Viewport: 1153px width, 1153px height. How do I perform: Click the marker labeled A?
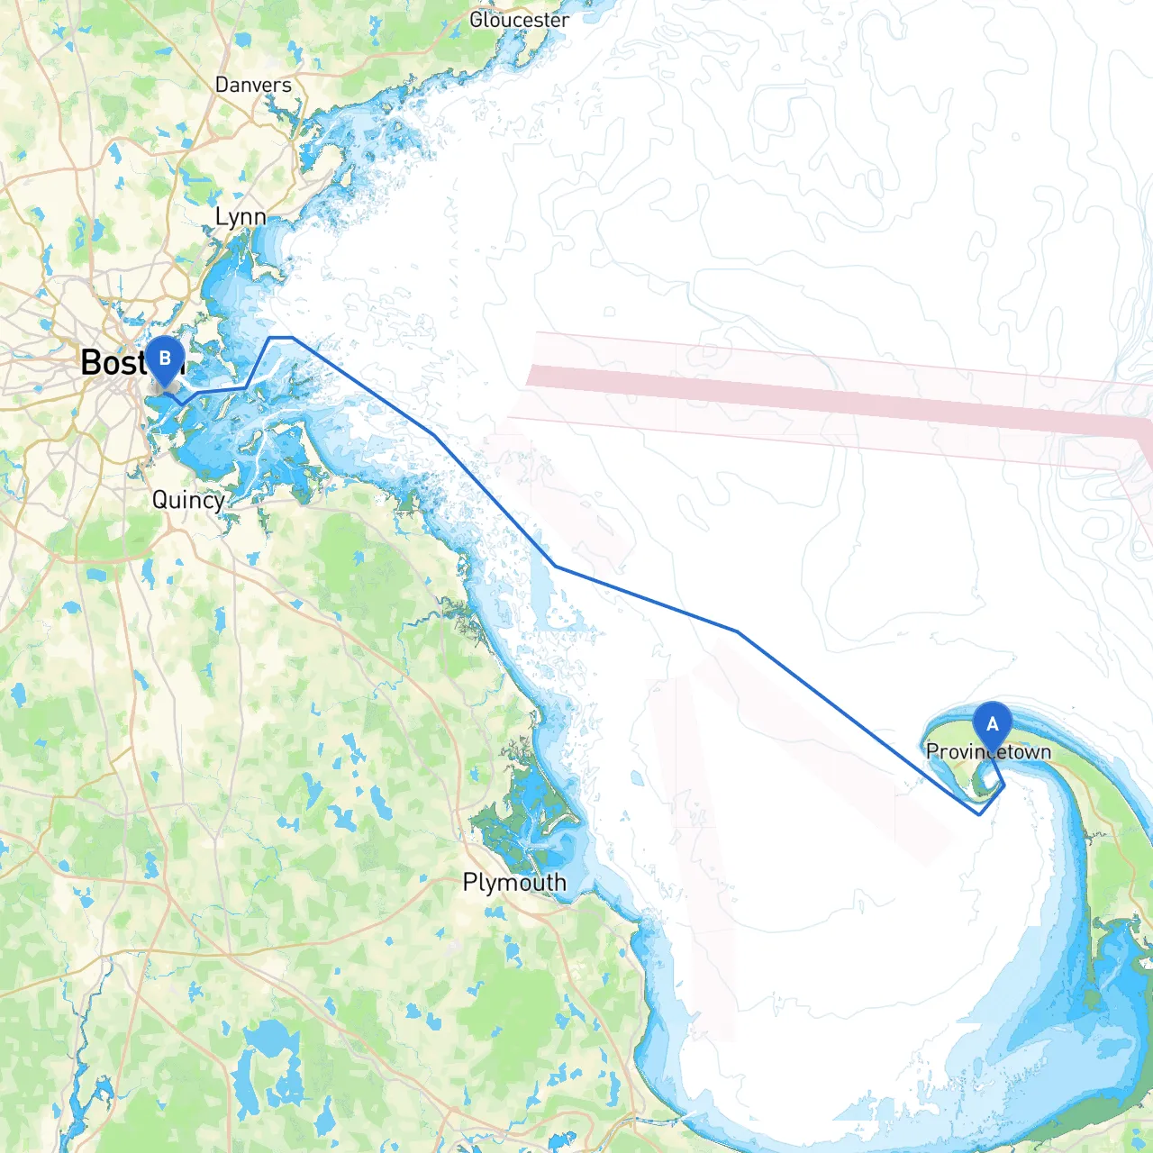coord(992,726)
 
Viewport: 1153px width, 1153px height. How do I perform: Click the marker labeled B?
coord(165,361)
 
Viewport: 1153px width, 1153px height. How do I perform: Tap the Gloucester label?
coord(519,19)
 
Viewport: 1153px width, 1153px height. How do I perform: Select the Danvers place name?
coord(253,85)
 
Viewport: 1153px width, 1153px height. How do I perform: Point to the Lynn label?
coord(241,216)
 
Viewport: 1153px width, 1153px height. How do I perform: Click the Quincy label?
coord(188,500)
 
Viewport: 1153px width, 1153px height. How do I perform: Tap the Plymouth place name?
coord(514,882)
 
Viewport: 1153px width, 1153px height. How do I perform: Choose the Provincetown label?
coord(988,751)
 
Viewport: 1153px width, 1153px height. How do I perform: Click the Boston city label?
coord(117,362)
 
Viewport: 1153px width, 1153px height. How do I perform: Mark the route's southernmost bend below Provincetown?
coord(979,814)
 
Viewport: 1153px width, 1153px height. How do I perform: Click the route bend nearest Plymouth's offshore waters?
coord(555,566)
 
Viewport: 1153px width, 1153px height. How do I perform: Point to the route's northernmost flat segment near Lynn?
coord(281,338)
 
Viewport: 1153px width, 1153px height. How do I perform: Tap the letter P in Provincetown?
coord(933,751)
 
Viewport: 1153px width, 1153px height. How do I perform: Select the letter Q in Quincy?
coord(160,499)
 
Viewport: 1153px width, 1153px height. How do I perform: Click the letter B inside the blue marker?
coord(165,358)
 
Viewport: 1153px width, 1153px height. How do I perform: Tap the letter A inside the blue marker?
coord(992,723)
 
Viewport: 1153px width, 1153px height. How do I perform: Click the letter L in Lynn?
coord(221,216)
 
